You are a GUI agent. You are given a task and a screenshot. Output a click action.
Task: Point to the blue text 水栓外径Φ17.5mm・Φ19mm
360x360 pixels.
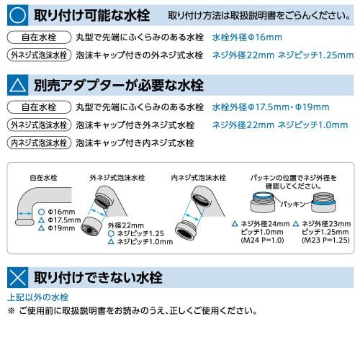tap(271, 107)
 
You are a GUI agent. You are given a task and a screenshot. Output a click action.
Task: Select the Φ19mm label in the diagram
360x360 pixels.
tap(60, 228)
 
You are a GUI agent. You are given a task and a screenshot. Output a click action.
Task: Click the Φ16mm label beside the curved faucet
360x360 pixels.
tap(60, 211)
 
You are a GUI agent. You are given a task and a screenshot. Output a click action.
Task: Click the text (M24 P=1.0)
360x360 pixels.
tap(264, 240)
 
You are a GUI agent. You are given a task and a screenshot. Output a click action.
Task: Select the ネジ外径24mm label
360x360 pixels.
tap(268, 223)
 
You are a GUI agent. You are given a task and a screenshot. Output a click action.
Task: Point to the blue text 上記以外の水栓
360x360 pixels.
tap(37, 297)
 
